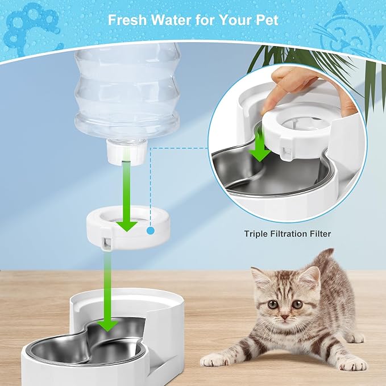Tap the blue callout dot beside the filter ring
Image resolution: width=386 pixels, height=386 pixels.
(x=150, y=231)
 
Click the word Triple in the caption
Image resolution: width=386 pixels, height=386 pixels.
(x=256, y=234)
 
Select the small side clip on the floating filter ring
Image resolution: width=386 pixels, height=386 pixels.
(x=106, y=243)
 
